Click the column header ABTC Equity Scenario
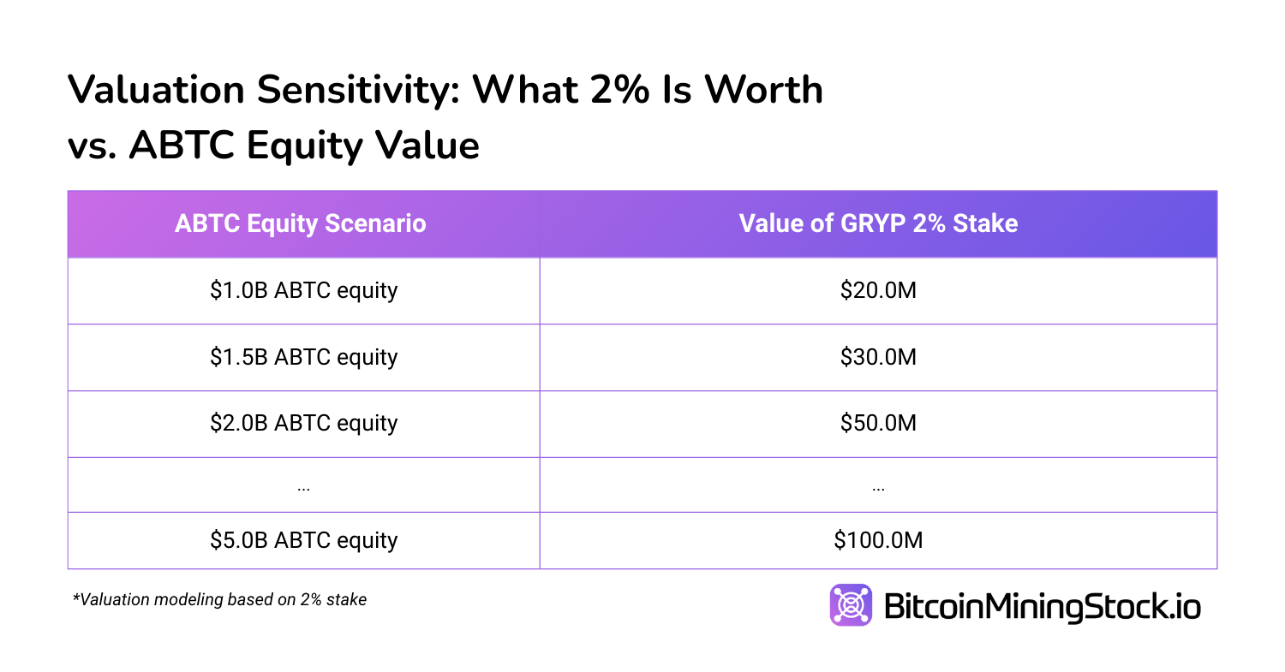pyautogui.click(x=300, y=224)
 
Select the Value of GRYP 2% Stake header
pyautogui.click(x=878, y=224)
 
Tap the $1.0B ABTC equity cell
pyautogui.click(x=303, y=291)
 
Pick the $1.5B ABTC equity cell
pyautogui.click(x=303, y=357)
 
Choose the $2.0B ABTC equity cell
pyautogui.click(x=303, y=424)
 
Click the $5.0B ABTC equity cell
pyautogui.click(x=303, y=540)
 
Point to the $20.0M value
pyautogui.click(x=878, y=291)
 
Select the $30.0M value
pyautogui.click(x=878, y=357)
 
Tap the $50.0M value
pyautogui.click(x=878, y=424)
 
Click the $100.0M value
pyautogui.click(x=878, y=540)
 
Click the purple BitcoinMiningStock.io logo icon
pyautogui.click(x=851, y=605)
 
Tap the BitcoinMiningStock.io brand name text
pyautogui.click(x=1041, y=607)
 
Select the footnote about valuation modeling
pyautogui.click(x=219, y=600)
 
